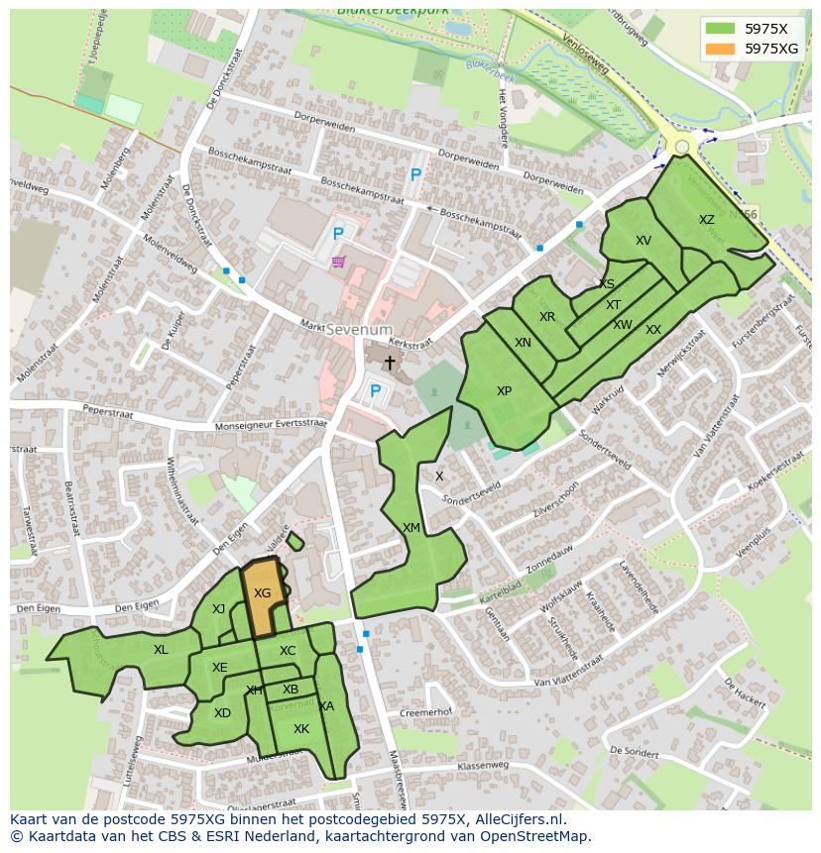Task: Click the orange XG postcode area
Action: [262, 596]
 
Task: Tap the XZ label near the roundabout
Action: [706, 220]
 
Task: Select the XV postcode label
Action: [644, 241]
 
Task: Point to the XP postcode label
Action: [504, 391]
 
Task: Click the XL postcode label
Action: [161, 650]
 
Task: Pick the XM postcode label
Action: [411, 528]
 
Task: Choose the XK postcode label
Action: [301, 729]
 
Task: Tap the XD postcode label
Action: [222, 713]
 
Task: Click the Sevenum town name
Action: [359, 329]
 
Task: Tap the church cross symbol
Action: [390, 364]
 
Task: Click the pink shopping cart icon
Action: [339, 262]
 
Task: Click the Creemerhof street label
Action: [425, 712]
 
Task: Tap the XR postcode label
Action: [547, 317]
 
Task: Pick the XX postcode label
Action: [653, 330]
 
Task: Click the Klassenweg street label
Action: [483, 765]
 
